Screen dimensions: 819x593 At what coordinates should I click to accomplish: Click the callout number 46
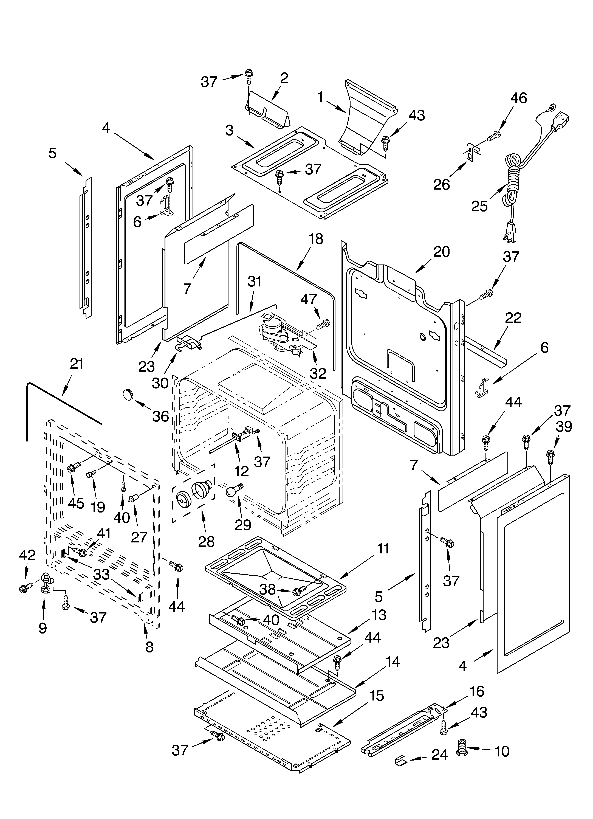tap(519, 98)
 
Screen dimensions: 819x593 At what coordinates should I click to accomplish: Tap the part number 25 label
tap(479, 206)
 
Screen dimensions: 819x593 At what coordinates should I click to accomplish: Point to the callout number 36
tap(160, 416)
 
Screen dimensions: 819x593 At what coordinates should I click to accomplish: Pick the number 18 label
tap(316, 239)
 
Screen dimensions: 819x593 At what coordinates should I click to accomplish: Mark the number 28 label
tap(206, 541)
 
